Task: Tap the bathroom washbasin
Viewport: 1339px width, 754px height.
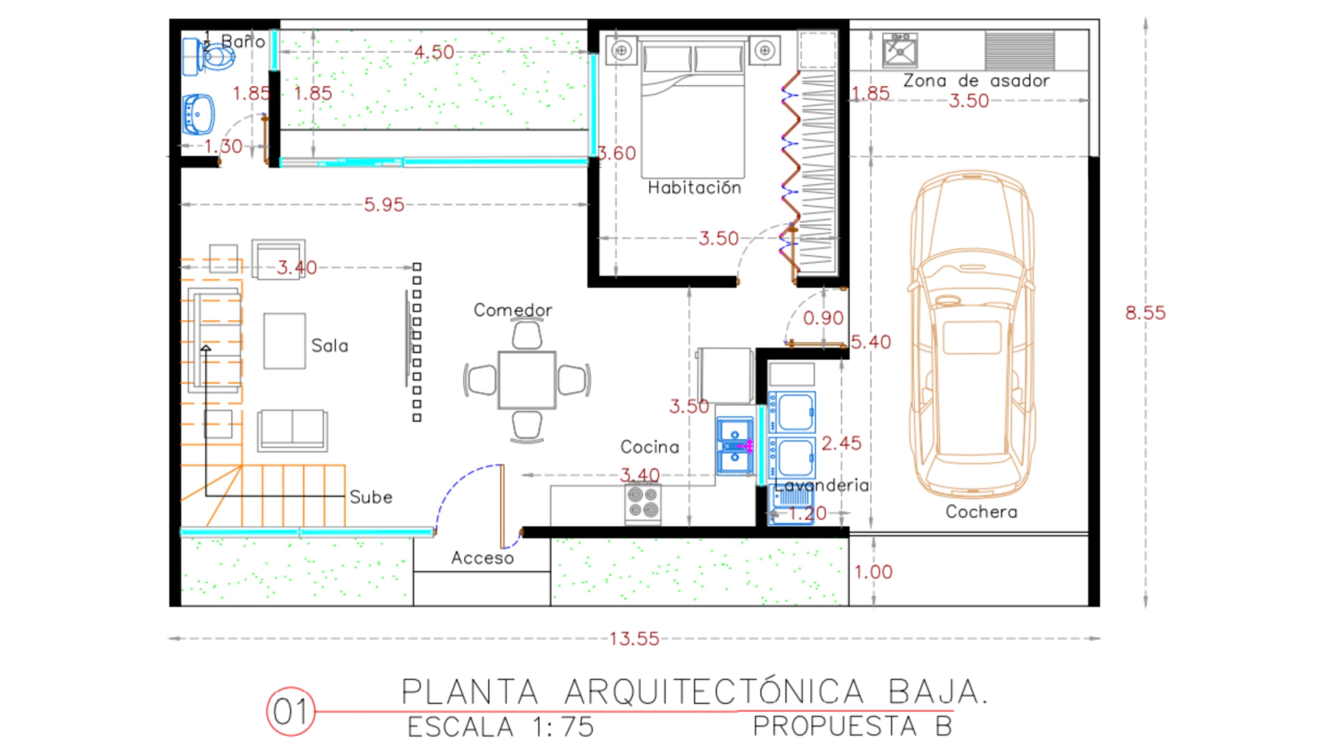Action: [x=198, y=114]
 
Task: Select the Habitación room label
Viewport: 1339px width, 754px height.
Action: [x=695, y=187]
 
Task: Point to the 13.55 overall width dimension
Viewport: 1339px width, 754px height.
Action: [x=634, y=638]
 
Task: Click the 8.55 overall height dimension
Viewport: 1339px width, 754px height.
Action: [x=1145, y=313]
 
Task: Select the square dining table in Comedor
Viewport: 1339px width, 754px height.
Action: [x=527, y=380]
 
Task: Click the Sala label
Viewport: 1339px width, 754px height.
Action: [x=330, y=346]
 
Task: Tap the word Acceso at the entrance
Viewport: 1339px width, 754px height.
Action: [x=482, y=558]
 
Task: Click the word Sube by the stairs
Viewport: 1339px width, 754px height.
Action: [x=371, y=497]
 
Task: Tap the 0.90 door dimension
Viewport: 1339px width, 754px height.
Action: [x=823, y=318]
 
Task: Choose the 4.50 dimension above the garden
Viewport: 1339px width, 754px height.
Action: [x=434, y=52]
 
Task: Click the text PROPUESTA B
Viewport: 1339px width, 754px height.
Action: [x=853, y=726]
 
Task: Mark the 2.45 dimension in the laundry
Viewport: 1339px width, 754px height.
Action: [x=841, y=443]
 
